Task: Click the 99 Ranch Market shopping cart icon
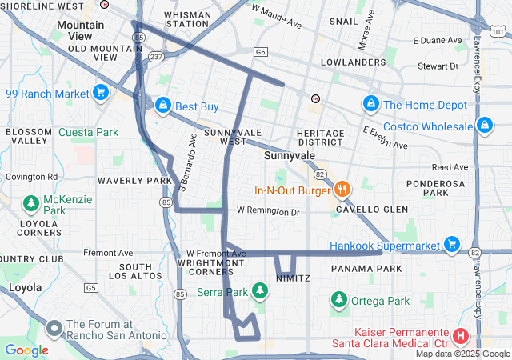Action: tap(100, 94)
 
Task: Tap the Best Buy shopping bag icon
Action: tap(162, 106)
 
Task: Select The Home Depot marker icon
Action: tap(370, 105)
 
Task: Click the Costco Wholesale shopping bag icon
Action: tap(483, 126)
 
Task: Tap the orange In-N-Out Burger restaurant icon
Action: tap(342, 190)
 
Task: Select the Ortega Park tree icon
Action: tap(338, 301)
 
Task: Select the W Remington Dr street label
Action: tap(267, 212)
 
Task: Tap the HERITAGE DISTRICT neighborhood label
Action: tap(319, 138)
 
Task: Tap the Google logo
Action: tap(26, 350)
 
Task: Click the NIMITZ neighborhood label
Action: tap(292, 278)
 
